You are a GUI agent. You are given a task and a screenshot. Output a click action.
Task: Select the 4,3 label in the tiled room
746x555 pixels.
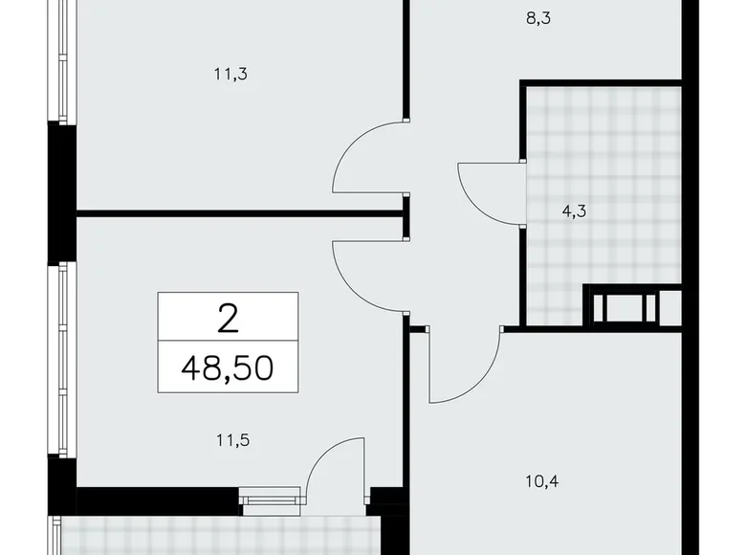click(574, 212)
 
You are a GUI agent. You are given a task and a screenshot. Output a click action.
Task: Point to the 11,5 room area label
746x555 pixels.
click(226, 441)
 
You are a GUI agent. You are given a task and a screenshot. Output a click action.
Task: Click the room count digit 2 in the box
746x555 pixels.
click(228, 317)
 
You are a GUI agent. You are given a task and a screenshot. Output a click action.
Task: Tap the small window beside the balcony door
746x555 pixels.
click(272, 498)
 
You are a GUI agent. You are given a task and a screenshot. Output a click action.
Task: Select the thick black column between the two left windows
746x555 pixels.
click(62, 191)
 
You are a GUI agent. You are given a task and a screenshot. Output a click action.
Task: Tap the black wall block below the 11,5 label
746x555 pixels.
click(158, 500)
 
